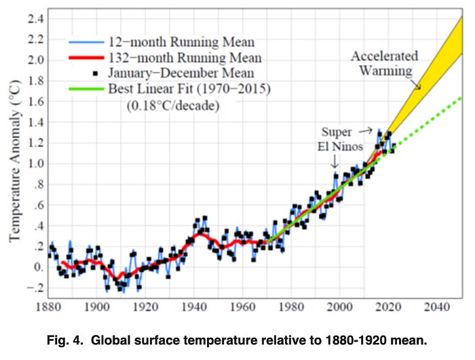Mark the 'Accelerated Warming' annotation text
[384, 62]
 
